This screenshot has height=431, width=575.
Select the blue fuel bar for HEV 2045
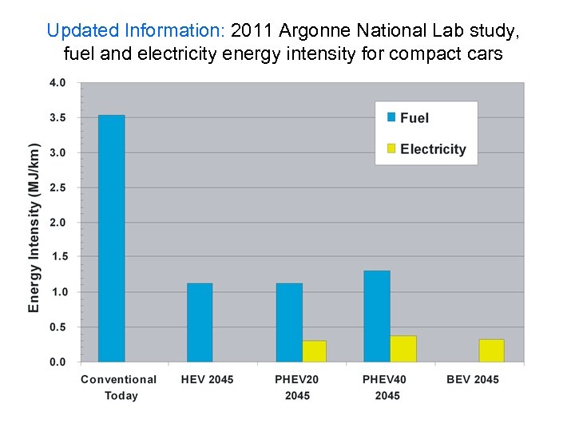(x=200, y=322)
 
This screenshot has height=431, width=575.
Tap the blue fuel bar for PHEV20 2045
(x=289, y=322)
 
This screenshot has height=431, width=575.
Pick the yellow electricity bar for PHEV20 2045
(x=314, y=351)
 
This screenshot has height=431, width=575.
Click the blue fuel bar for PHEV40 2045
(x=377, y=316)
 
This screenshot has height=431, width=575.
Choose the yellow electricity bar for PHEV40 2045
(x=403, y=349)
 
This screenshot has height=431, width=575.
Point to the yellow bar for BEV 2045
(x=491, y=350)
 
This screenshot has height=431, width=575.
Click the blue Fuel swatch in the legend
(x=391, y=117)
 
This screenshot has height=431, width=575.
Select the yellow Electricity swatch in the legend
(x=391, y=148)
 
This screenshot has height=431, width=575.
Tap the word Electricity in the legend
(x=433, y=149)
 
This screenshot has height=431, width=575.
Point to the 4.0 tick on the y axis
(x=57, y=83)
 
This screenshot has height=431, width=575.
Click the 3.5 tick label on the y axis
(x=57, y=117)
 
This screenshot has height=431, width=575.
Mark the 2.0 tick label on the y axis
(x=57, y=222)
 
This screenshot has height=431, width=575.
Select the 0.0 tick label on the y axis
(x=57, y=362)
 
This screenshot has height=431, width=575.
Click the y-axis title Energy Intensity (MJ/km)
(x=34, y=228)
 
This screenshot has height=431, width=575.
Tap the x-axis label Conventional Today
(x=119, y=387)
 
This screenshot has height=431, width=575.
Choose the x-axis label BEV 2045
(x=473, y=379)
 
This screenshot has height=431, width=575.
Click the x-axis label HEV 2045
(x=208, y=379)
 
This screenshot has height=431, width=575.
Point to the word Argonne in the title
(x=319, y=31)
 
